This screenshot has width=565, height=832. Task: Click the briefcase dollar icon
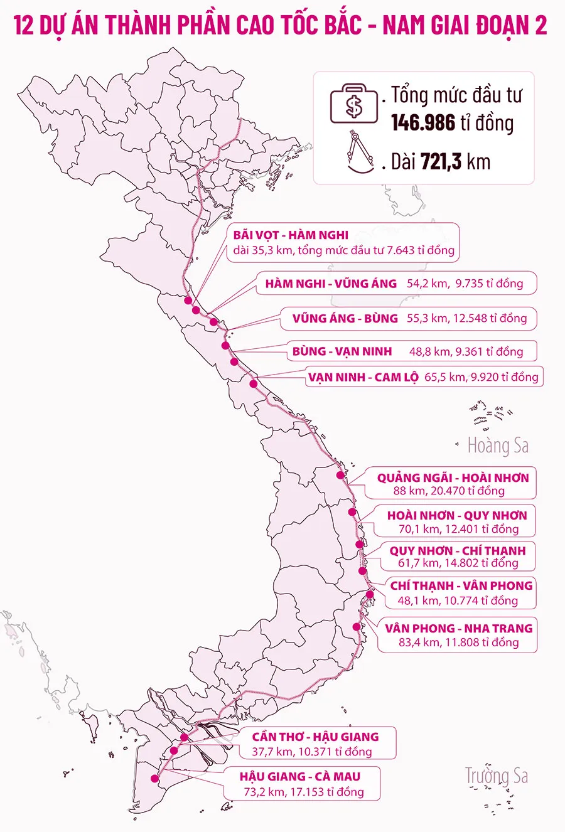click(x=354, y=105)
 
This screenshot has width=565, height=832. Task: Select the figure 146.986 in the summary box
click(x=423, y=123)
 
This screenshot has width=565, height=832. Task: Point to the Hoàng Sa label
click(x=498, y=446)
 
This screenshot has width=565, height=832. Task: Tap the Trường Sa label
click(x=496, y=776)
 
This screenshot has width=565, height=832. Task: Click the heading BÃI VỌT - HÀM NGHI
click(x=291, y=235)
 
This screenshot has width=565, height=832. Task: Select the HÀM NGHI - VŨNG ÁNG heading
click(x=331, y=284)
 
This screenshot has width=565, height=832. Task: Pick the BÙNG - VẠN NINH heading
click(x=342, y=351)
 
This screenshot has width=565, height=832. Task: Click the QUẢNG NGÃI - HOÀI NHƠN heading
click(x=453, y=477)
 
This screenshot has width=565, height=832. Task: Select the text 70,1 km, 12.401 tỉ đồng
click(x=458, y=529)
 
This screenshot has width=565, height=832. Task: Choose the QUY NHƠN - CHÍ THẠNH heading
click(x=457, y=550)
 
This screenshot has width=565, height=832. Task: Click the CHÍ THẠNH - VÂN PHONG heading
click(x=461, y=585)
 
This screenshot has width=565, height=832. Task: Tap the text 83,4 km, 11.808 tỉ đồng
click(x=458, y=643)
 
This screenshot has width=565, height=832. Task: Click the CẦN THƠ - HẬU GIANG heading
click(x=315, y=737)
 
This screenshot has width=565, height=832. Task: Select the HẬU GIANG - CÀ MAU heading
click(x=299, y=777)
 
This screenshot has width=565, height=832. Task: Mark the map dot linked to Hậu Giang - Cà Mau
click(x=154, y=779)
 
